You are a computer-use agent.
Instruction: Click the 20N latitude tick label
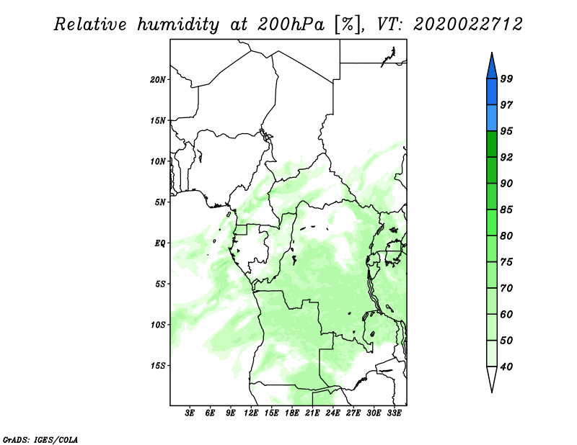coord(158,79)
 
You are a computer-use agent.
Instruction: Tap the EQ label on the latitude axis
coord(160,243)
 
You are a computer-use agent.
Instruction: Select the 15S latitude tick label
coord(158,366)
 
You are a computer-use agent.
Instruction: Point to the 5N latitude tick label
coord(160,202)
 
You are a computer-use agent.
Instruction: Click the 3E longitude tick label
coord(190,413)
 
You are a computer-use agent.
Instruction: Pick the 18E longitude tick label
coord(292,413)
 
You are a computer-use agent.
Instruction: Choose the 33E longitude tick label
coord(394,413)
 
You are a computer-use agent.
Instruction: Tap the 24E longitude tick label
coord(332,413)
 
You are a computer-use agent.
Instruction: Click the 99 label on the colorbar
coord(506,78)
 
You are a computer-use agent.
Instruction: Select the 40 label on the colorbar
coord(506,367)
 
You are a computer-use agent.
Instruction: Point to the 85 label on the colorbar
coord(506,210)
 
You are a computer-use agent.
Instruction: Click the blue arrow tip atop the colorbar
coord(492,53)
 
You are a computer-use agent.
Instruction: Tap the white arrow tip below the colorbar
coord(492,392)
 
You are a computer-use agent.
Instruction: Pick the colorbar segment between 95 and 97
coord(492,118)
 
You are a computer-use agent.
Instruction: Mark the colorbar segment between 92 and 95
coord(492,144)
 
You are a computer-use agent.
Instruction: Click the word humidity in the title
coord(178,24)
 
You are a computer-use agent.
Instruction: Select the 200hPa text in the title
coord(291,24)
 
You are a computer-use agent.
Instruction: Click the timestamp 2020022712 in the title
coord(467,24)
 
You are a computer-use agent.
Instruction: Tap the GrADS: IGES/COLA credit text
coord(40,439)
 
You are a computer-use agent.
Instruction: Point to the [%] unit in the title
coord(348,24)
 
